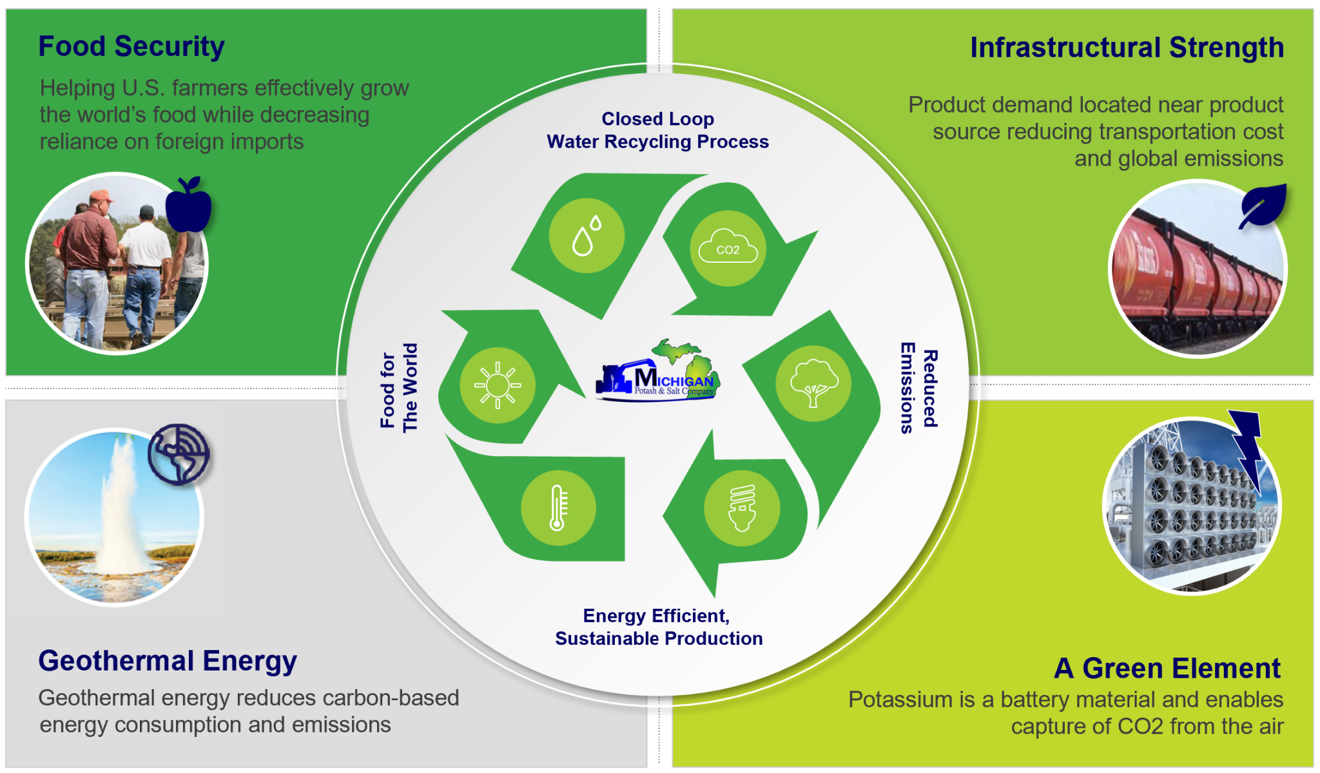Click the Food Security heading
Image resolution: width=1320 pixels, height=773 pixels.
point(131,46)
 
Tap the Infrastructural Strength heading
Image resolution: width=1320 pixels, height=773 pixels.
point(1127,48)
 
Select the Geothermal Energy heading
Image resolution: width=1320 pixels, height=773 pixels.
point(168,661)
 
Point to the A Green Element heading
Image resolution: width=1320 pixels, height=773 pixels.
point(1167,668)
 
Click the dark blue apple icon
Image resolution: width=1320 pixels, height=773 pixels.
point(188,205)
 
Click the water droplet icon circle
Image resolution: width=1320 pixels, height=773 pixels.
point(587,236)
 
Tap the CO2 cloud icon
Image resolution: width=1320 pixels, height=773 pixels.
point(728,248)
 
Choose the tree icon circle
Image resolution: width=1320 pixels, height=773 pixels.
point(813,383)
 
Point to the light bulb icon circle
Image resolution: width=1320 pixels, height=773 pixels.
point(742,508)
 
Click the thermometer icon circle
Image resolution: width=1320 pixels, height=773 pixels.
point(558,508)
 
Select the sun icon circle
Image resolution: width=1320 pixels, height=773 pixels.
point(497,385)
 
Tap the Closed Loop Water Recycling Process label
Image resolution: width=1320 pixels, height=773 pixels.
point(657,130)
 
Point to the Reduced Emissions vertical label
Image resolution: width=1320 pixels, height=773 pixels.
point(919,388)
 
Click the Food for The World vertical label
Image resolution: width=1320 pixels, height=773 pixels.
point(399,388)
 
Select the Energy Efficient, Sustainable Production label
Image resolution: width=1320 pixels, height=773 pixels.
point(658,627)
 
